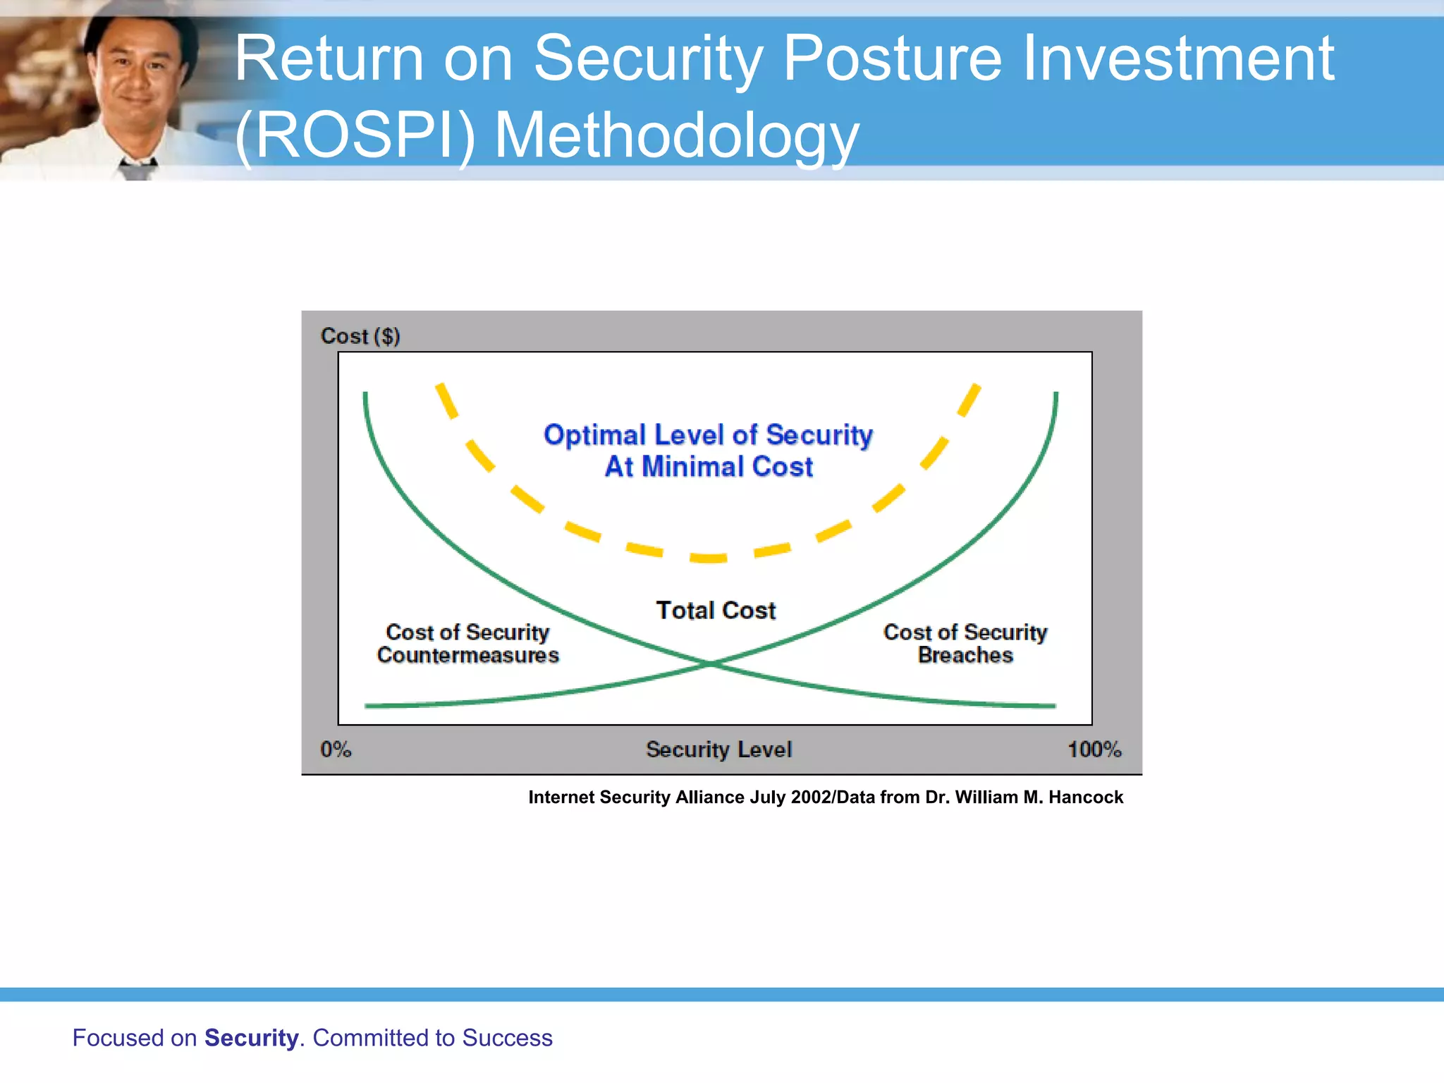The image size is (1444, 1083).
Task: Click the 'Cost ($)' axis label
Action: click(360, 336)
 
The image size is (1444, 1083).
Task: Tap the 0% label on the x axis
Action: click(336, 749)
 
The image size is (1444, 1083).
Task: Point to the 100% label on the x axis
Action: click(1094, 749)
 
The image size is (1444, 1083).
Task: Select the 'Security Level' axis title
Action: click(718, 749)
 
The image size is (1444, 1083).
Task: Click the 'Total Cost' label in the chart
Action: click(716, 610)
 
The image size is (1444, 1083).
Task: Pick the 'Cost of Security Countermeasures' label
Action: click(467, 643)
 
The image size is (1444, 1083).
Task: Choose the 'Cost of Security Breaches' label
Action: click(965, 643)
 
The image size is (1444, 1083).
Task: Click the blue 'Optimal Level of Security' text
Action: click(708, 435)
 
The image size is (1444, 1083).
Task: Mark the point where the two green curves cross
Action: click(711, 663)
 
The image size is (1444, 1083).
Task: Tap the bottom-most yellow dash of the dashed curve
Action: click(708, 558)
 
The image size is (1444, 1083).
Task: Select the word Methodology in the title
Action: click(676, 135)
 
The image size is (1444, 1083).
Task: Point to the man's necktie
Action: click(137, 169)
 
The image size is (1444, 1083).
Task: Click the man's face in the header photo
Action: click(137, 71)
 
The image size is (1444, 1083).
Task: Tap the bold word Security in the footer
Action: click(251, 1038)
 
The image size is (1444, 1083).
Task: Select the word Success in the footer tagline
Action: click(507, 1038)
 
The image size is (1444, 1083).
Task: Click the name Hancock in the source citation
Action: click(1085, 797)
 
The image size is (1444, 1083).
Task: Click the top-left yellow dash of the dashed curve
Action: click(446, 400)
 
